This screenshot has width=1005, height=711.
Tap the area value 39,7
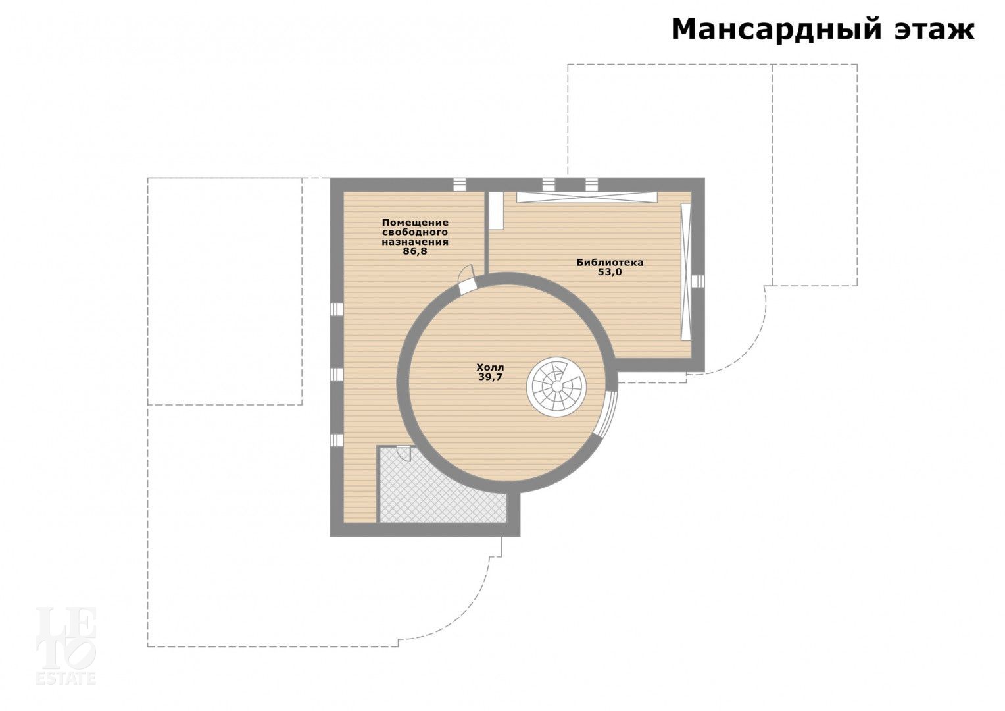[x=491, y=377]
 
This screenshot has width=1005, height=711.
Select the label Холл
[x=491, y=367]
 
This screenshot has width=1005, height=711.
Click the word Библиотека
[x=610, y=262]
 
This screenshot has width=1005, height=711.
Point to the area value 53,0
[x=610, y=272]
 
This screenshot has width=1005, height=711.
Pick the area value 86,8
[x=415, y=251]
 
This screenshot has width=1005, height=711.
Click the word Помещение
[x=415, y=223]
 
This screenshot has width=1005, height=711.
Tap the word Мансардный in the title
[x=773, y=30]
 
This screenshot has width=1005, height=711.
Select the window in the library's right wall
[x=698, y=280]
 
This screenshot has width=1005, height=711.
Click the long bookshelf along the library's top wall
[x=587, y=197]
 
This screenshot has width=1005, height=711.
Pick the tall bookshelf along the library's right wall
[x=685, y=272]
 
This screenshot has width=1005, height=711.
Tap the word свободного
[x=415, y=232]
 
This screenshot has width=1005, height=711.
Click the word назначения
[x=415, y=242]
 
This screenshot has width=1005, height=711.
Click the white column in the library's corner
[x=496, y=210]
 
